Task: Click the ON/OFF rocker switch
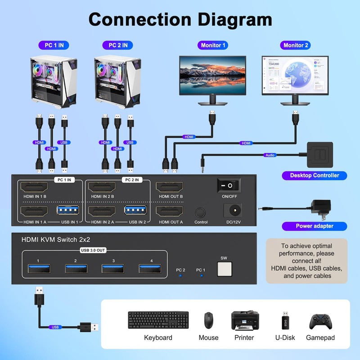pyautogui.click(x=229, y=185)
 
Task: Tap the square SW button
pyautogui.click(x=224, y=269)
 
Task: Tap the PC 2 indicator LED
pyautogui.click(x=180, y=275)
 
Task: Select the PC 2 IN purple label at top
pyautogui.click(x=118, y=45)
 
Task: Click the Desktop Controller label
pyautogui.click(x=315, y=175)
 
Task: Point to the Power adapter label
pyautogui.click(x=315, y=226)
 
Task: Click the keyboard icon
pyautogui.click(x=158, y=320)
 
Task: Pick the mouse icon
pyautogui.click(x=208, y=320)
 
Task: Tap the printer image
pyautogui.click(x=244, y=320)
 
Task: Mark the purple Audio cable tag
pyautogui.click(x=270, y=155)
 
